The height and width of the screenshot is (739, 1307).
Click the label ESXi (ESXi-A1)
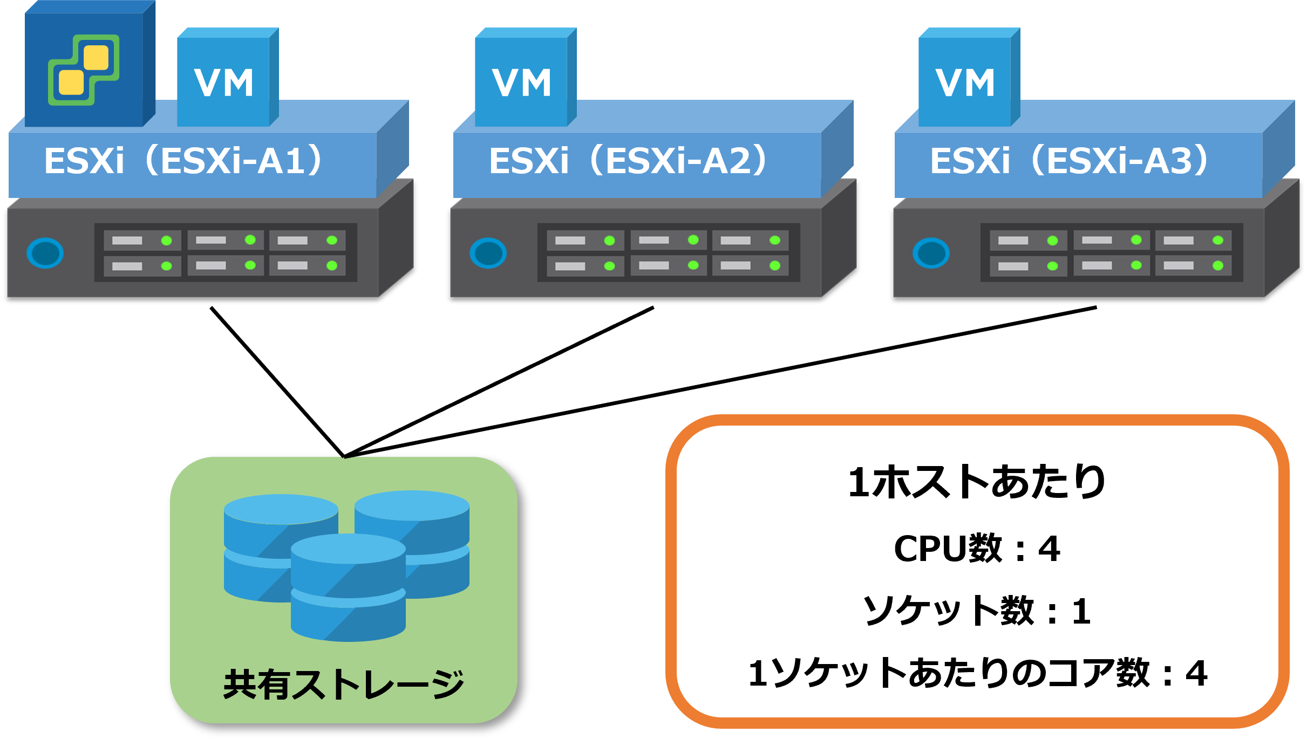pyautogui.click(x=183, y=161)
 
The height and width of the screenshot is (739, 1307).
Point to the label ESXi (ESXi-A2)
pyautogui.click(x=628, y=161)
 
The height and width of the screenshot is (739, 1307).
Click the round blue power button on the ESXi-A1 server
pyautogui.click(x=45, y=253)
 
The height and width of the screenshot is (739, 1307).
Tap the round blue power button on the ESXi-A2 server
pyautogui.click(x=488, y=253)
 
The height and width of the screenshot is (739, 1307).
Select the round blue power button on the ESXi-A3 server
pyautogui.click(x=931, y=253)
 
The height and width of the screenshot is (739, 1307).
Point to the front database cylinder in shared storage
pyautogui.click(x=348, y=588)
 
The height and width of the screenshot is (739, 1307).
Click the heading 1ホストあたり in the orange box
pyautogui.click(x=977, y=482)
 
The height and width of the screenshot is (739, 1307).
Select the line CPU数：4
pyautogui.click(x=977, y=549)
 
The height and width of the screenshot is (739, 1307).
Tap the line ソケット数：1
pyautogui.click(x=977, y=611)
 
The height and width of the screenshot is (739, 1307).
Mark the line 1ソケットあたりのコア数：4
pyautogui.click(x=977, y=673)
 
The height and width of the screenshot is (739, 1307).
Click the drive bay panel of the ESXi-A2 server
pyautogui.click(x=668, y=252)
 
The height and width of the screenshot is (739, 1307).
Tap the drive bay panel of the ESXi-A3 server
pyautogui.click(x=1112, y=252)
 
